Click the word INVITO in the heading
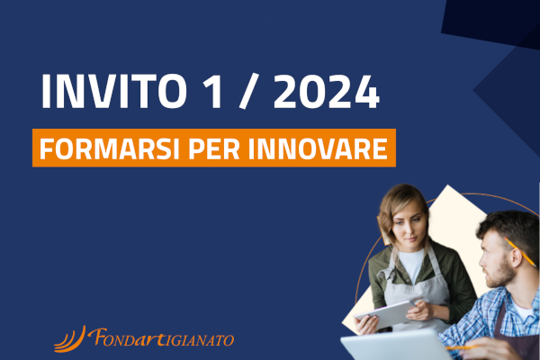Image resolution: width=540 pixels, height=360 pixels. (113, 92)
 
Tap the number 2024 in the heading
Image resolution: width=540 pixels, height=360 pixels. (327, 92)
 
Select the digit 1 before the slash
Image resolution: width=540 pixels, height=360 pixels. (212, 92)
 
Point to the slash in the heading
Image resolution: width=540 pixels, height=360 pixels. (248, 92)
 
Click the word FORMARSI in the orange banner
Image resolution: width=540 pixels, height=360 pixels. (110, 148)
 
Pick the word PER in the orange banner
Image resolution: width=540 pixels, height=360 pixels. (214, 148)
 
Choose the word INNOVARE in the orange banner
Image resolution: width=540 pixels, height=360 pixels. (318, 148)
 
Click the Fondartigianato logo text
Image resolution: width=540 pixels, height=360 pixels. (161, 337)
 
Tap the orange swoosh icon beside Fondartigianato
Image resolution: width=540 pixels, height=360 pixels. (70, 339)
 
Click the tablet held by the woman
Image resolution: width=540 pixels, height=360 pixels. (384, 314)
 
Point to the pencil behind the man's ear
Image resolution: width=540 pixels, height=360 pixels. (520, 252)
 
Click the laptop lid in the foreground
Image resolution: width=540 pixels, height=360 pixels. (396, 346)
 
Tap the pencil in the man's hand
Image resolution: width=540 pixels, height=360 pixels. (463, 348)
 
